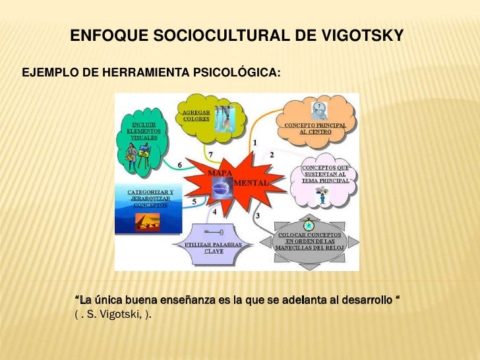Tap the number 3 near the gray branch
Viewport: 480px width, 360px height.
pos(257,215)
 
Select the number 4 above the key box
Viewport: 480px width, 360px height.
pos(214,212)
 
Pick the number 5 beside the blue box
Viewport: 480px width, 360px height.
pos(193,202)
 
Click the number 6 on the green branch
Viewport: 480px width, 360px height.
pos(180,164)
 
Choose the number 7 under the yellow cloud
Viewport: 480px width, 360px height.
pos(210,154)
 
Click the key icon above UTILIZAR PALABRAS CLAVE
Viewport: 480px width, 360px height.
pos(214,233)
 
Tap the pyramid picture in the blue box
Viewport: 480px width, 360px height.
pos(147,221)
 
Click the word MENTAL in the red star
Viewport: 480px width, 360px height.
pos(250,181)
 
